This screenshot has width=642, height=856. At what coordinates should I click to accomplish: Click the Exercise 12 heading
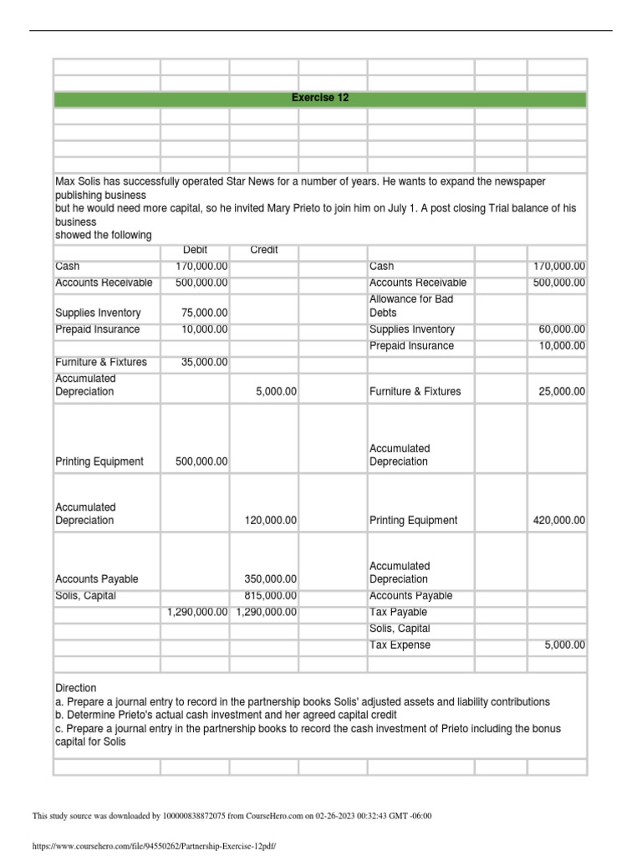pyautogui.click(x=320, y=99)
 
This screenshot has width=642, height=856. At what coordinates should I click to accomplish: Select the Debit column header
pyautogui.click(x=195, y=250)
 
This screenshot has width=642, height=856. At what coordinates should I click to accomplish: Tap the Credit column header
pyautogui.click(x=264, y=250)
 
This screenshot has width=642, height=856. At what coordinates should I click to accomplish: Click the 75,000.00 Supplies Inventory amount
pyautogui.click(x=205, y=313)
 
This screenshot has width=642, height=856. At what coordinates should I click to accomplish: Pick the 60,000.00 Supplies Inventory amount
pyautogui.click(x=561, y=329)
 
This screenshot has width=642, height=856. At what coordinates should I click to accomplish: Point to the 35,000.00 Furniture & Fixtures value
pyautogui.click(x=205, y=363)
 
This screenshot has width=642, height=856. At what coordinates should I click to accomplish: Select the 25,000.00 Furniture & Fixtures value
pyautogui.click(x=561, y=391)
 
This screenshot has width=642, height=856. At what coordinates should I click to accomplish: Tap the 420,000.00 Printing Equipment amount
pyautogui.click(x=558, y=520)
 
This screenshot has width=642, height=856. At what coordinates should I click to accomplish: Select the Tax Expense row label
pyautogui.click(x=400, y=645)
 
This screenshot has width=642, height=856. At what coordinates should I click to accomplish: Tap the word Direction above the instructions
pyautogui.click(x=75, y=687)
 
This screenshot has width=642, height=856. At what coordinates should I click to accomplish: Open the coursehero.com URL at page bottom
pyautogui.click(x=153, y=846)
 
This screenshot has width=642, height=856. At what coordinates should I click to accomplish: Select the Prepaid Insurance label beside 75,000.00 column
pyautogui.click(x=97, y=329)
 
